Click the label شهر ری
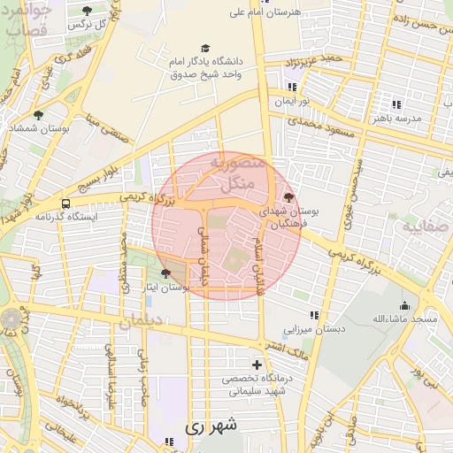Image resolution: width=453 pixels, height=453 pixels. pos(211,426)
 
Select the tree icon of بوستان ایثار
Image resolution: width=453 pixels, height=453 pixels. pos(165,273)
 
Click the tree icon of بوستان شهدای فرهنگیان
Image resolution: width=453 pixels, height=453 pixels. pos(288,197)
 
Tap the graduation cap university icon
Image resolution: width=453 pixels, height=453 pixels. pos(205,48)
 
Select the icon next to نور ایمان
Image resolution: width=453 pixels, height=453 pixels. pos(292,88)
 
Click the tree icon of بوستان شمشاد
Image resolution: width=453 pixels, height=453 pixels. pos(38,115)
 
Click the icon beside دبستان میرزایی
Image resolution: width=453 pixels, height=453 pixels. pos(314,314)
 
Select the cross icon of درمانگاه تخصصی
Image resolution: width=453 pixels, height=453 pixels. pos(257,365)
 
